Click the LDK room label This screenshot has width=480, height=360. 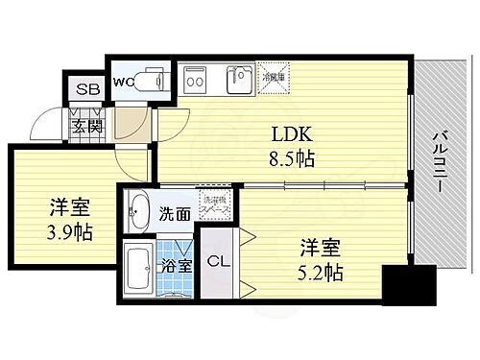point(294,133)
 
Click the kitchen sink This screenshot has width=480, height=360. point(240,81)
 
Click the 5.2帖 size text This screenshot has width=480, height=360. point(321,272)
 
